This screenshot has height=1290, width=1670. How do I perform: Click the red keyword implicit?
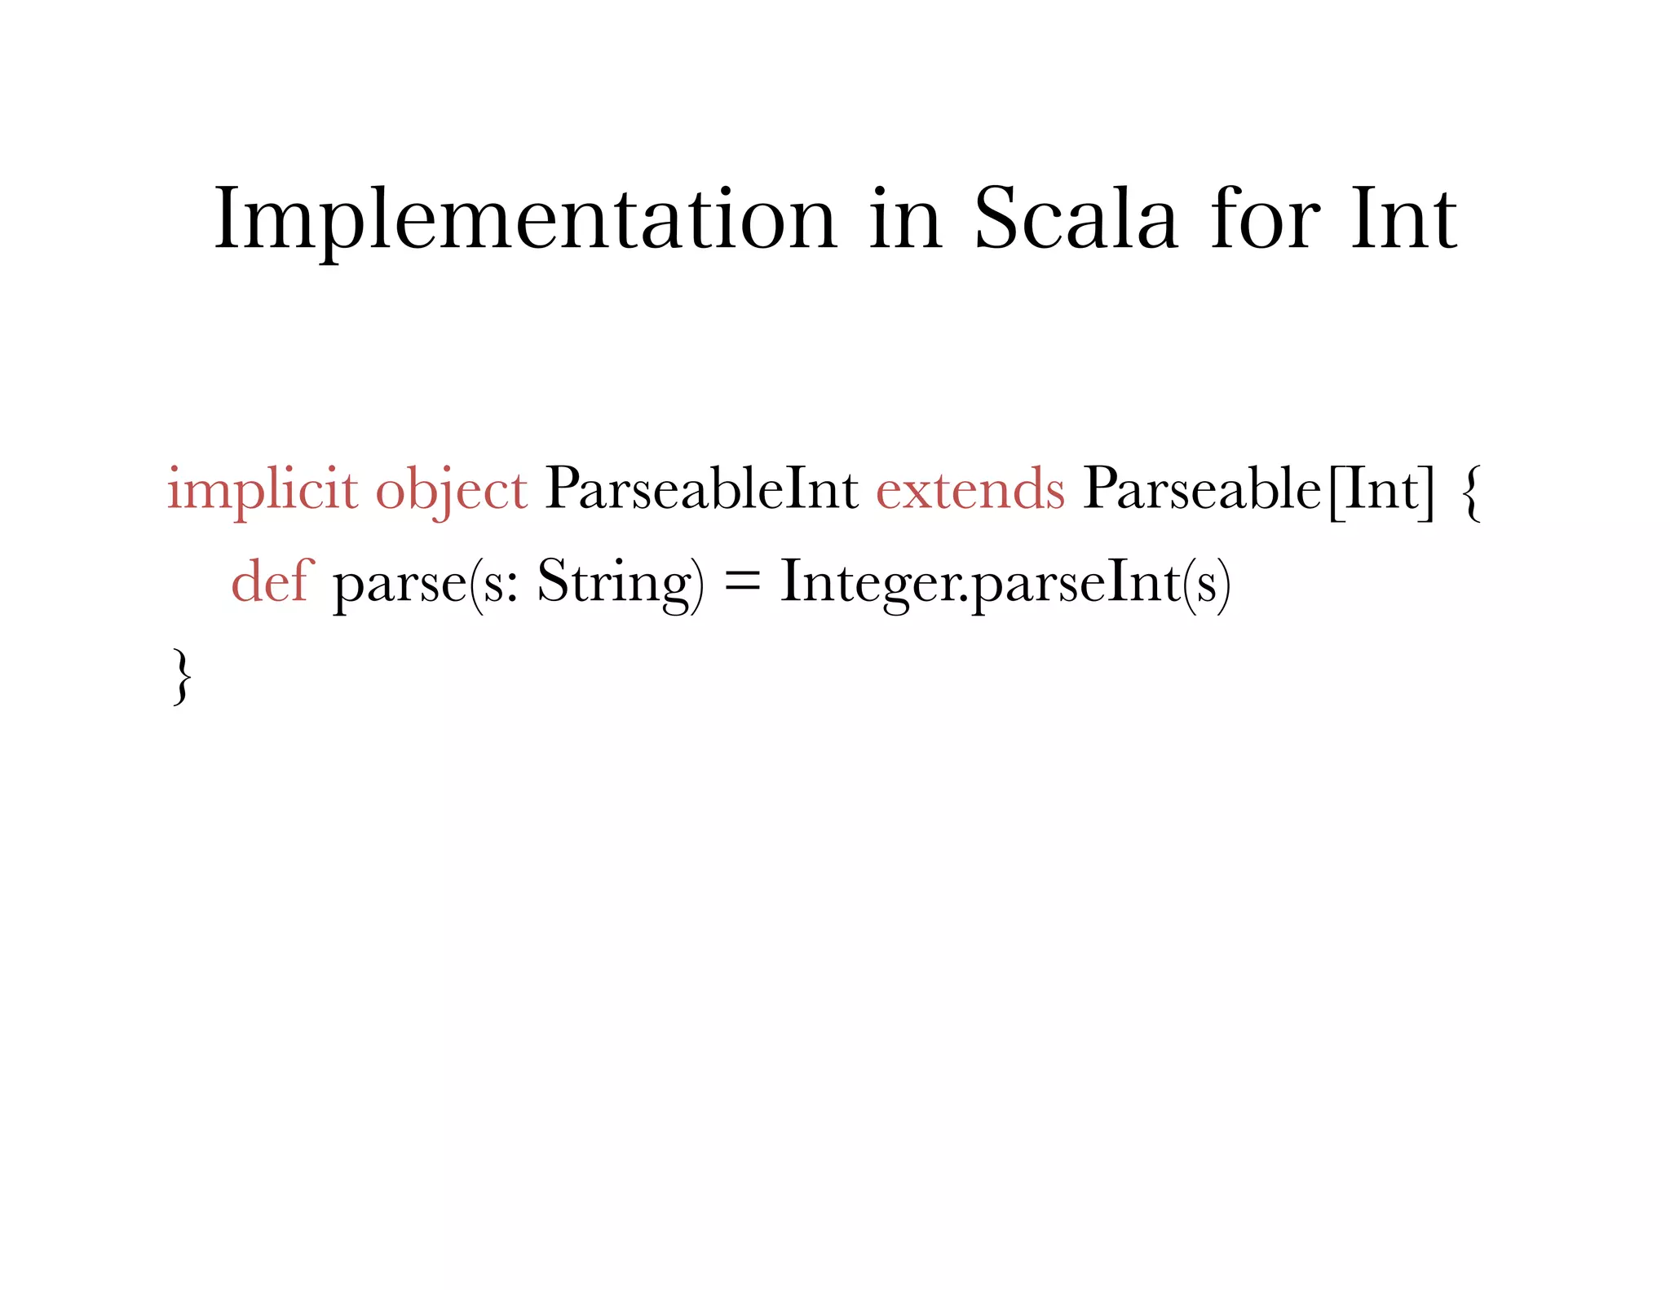(263, 490)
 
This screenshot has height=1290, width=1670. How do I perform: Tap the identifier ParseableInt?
(701, 489)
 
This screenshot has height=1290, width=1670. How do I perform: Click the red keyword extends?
(970, 489)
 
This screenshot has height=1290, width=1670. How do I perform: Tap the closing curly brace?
(182, 676)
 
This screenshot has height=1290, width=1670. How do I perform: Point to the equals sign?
(741, 582)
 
